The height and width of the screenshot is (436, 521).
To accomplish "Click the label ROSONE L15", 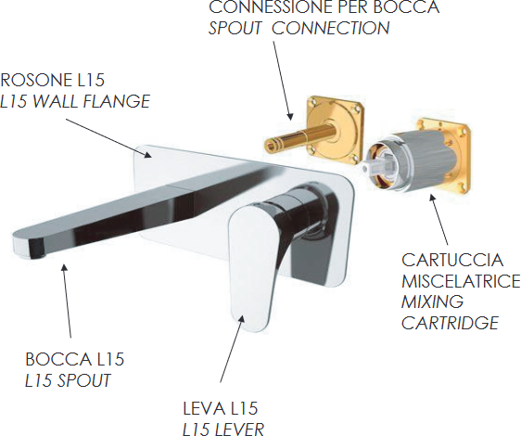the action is click(x=52, y=80).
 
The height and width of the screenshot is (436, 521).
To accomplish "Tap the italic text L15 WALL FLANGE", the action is click(x=75, y=101).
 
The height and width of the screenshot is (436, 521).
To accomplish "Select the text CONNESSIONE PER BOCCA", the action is click(x=324, y=6).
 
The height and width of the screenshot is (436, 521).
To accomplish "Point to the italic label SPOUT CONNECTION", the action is click(x=299, y=28).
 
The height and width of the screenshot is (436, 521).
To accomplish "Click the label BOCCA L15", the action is click(x=75, y=359).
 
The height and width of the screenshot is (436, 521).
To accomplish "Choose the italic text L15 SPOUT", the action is click(x=68, y=380).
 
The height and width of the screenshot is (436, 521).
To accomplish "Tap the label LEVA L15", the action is click(x=221, y=408).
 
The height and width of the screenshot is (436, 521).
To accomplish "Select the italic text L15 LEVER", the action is click(x=223, y=429).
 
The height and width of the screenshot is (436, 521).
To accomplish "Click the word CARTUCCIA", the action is click(x=452, y=260).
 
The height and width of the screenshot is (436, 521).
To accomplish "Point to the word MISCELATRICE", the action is click(x=461, y=281).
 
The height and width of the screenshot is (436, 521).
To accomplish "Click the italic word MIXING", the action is click(x=432, y=301).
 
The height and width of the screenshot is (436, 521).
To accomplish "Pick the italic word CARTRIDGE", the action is click(x=451, y=323).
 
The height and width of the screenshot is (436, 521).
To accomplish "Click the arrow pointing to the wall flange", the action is click(x=108, y=137).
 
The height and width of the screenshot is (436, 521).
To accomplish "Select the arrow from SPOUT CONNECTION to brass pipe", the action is click(x=283, y=80).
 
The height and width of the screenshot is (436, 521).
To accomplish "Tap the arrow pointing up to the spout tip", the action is click(x=67, y=301).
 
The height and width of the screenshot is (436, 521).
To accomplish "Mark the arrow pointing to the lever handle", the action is click(x=233, y=348).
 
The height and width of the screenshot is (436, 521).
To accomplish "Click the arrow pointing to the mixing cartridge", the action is click(x=438, y=220).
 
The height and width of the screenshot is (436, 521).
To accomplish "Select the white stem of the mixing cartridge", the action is click(x=379, y=164).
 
